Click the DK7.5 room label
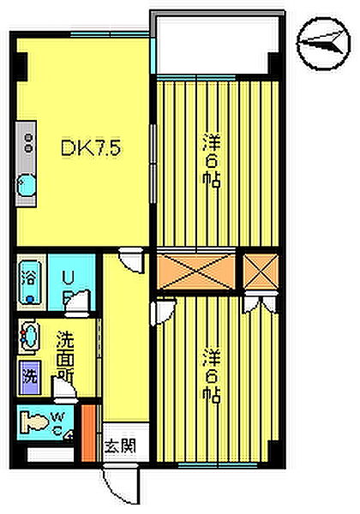coord(91,148)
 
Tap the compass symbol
coord(324,43)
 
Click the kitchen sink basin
coord(27,187)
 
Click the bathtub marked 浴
coord(31,282)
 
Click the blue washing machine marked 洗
coord(29,377)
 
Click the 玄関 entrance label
coord(120,446)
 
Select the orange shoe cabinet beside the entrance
coord(88,433)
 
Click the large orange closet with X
coord(196,272)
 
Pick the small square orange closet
coord(261,272)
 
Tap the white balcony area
coord(217,45)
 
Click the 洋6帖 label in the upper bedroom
coord(211,160)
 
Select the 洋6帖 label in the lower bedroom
coord(211,376)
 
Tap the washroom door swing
coord(65,387)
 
